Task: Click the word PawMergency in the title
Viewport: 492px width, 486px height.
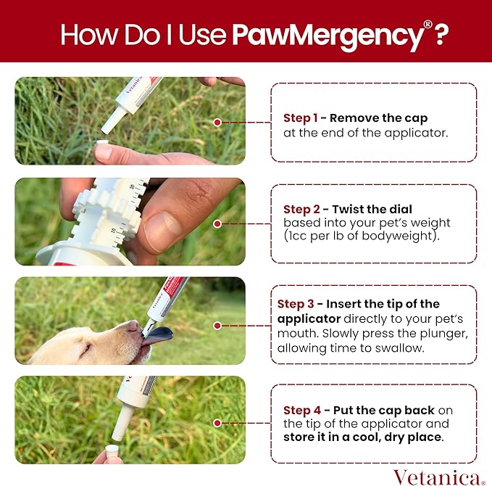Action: tap(327, 34)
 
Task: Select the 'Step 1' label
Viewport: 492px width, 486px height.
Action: tap(300, 118)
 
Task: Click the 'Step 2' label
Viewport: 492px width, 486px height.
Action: tap(300, 210)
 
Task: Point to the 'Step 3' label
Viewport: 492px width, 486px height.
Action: tap(295, 304)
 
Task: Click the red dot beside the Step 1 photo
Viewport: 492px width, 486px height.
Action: tap(217, 122)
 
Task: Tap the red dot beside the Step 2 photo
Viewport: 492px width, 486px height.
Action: tap(217, 223)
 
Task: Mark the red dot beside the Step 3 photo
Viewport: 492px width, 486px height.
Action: tap(217, 326)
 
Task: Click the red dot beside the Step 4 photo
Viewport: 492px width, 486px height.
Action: tap(217, 421)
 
